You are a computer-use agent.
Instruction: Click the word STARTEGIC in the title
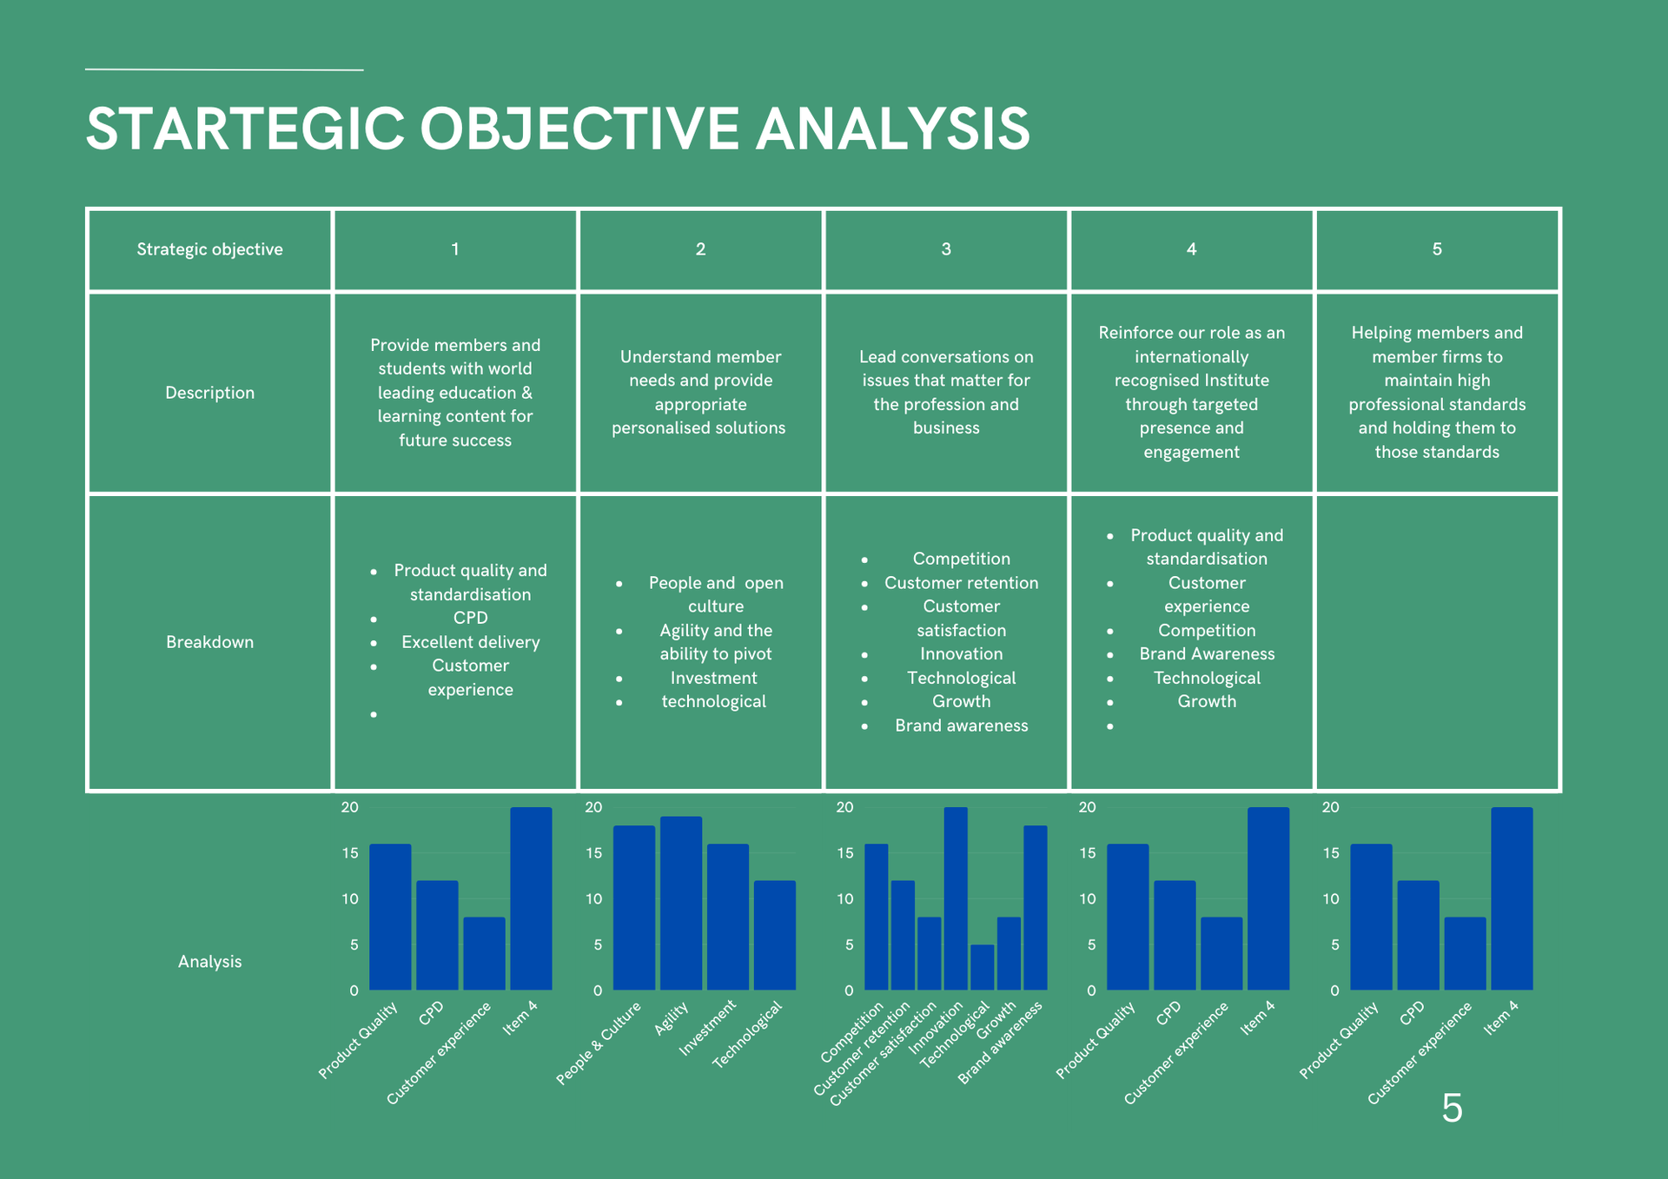tap(246, 129)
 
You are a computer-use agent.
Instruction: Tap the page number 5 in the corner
tap(1452, 1108)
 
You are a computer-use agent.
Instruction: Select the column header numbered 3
tap(946, 249)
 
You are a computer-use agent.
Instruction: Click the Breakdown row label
tap(209, 642)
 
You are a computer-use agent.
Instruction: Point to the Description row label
tap(209, 393)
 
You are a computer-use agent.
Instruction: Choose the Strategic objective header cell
tap(209, 249)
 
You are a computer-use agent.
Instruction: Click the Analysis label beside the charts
tap(209, 962)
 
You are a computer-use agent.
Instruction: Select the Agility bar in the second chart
tap(681, 904)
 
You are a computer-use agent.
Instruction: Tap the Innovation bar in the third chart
tap(956, 899)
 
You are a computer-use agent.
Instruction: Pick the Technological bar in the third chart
tap(982, 967)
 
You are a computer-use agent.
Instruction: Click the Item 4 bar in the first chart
tap(531, 899)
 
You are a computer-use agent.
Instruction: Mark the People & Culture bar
tap(634, 908)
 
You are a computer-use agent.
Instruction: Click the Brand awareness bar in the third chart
tap(1036, 908)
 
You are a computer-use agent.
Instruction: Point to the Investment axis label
tap(707, 1028)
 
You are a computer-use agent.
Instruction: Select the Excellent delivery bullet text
tap(471, 642)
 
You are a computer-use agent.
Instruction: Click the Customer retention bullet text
tap(961, 583)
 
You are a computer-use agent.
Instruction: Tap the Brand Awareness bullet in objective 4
tap(1207, 654)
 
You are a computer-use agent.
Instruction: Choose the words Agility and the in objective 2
tap(716, 631)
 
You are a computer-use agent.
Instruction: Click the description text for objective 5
tap(1437, 393)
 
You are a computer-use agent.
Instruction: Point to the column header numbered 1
tap(454, 249)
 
